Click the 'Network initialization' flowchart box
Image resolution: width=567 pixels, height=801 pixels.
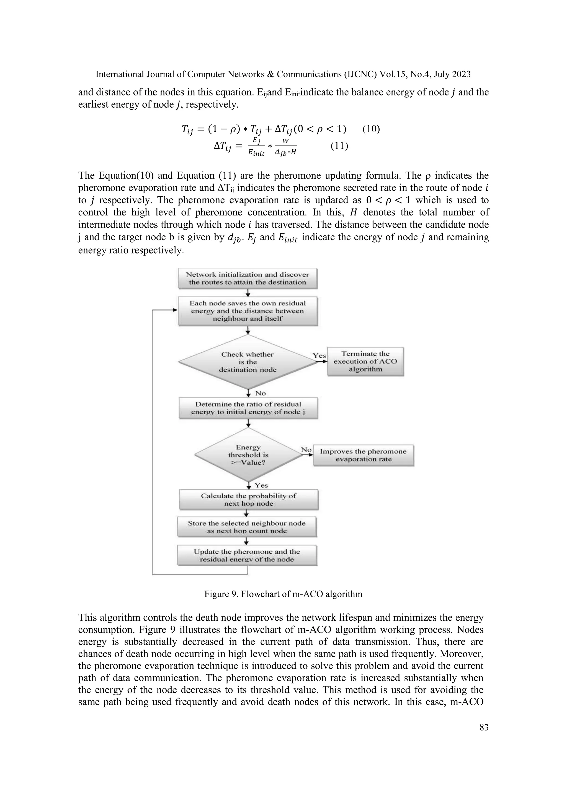point(248,279)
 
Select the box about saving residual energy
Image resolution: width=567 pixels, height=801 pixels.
point(248,311)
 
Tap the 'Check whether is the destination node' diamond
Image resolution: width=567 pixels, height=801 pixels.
point(248,362)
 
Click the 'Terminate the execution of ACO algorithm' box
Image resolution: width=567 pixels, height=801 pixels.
point(365,362)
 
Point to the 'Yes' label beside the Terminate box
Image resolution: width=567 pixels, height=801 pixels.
point(319,355)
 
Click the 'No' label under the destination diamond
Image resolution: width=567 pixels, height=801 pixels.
point(261,393)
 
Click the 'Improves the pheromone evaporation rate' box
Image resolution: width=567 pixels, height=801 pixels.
point(364,455)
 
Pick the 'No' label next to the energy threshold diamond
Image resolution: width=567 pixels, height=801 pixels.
point(306,450)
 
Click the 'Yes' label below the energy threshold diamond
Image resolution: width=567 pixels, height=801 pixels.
point(261,485)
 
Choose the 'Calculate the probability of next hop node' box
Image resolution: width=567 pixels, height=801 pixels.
point(249,500)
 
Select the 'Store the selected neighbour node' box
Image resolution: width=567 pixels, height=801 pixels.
point(247,527)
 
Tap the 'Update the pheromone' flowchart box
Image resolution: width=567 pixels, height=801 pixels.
point(247,555)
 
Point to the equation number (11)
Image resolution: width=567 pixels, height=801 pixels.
point(339,145)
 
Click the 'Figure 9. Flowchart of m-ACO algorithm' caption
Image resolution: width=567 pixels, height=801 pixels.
point(283,594)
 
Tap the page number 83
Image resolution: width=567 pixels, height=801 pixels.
point(484,727)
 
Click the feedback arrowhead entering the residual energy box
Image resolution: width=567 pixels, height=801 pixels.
point(175,310)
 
